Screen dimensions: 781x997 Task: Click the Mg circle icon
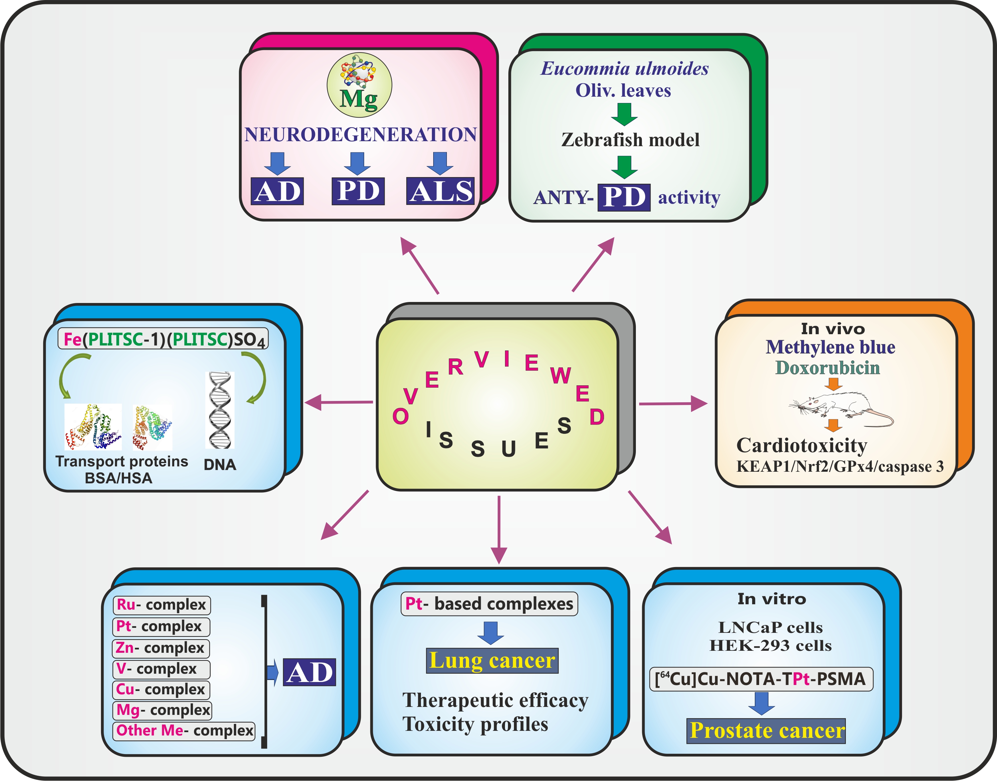pos(359,85)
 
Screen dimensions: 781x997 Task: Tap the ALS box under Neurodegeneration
pos(440,191)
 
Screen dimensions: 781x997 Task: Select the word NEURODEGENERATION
pos(360,135)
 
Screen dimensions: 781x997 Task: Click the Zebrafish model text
pos(630,140)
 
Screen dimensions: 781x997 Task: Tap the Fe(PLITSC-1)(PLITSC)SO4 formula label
pos(163,339)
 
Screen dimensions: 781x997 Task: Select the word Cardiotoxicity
pos(801,445)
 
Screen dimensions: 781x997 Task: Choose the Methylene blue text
pos(830,347)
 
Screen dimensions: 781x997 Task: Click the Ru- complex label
pos(161,605)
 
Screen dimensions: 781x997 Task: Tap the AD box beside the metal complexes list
pos(310,672)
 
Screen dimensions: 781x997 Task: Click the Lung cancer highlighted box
pos(492,661)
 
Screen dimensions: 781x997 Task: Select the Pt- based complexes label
pos(489,604)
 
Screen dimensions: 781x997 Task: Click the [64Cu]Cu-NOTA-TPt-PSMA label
pos(761,679)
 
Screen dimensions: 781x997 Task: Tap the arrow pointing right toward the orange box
pos(672,404)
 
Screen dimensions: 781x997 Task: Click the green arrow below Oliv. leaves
pos(624,114)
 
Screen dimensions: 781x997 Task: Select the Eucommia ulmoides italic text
pos(624,68)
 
